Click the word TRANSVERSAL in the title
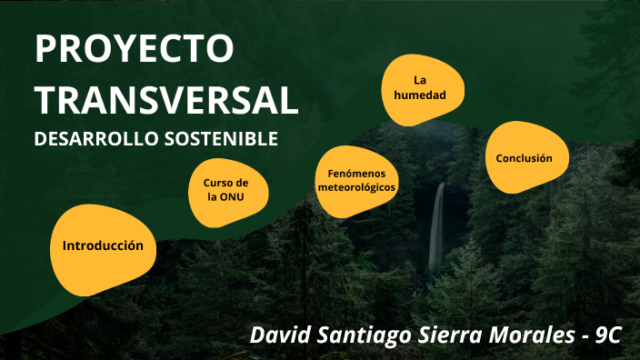[x=166, y=100]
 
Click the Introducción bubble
[x=103, y=246]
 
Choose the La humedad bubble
[x=421, y=88]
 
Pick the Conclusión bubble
[x=524, y=158]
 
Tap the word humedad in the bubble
[x=421, y=95]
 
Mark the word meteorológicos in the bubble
[x=357, y=187]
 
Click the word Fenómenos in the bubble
[x=357, y=173]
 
